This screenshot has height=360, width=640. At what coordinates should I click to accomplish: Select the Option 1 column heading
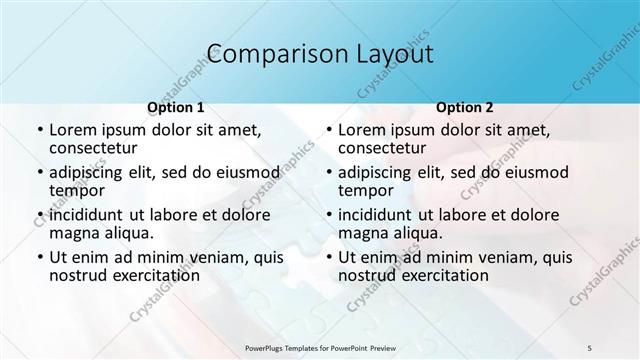(x=176, y=107)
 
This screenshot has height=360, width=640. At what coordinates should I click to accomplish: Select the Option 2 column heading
(x=465, y=107)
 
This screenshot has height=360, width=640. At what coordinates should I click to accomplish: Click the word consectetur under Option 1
(x=93, y=148)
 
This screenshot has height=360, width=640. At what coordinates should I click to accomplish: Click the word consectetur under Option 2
(x=382, y=148)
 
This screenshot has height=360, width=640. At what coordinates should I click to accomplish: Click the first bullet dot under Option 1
(x=40, y=131)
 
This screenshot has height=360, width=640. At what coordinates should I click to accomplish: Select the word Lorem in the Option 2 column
(x=361, y=130)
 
